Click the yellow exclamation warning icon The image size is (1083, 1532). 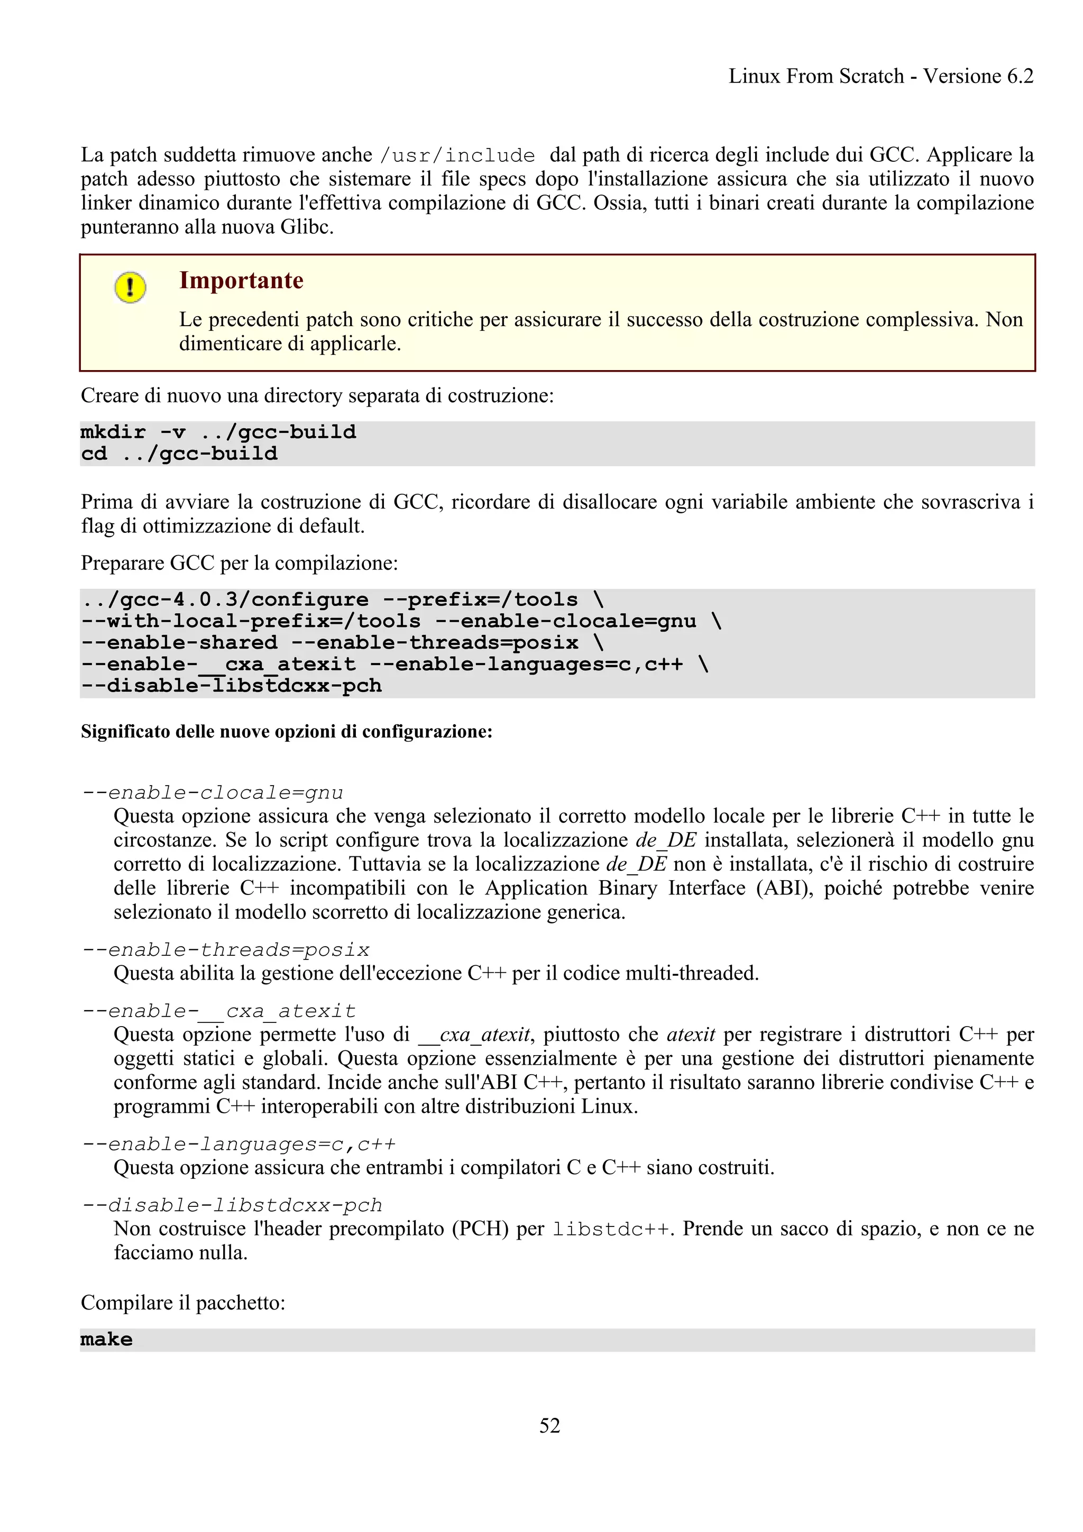[130, 288]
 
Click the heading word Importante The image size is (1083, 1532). [241, 280]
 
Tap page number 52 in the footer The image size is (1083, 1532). [549, 1425]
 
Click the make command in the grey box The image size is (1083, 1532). [107, 1339]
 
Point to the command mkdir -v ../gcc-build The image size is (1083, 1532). [218, 432]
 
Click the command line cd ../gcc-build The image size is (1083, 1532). [179, 454]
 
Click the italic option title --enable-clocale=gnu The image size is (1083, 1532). [212, 792]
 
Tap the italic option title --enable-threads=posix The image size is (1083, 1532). [226, 949]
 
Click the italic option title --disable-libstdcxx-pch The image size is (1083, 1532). [232, 1205]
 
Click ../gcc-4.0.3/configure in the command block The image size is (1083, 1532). [225, 600]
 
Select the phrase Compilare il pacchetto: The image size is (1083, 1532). [183, 1303]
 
